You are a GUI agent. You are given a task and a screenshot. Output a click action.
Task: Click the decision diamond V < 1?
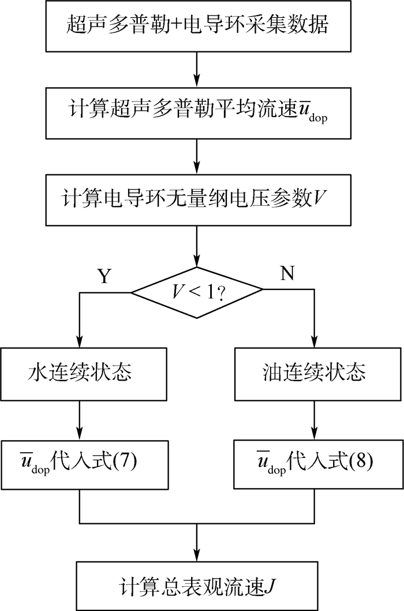pyautogui.click(x=197, y=293)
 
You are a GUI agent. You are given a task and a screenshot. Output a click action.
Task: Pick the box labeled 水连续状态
pyautogui.click(x=78, y=372)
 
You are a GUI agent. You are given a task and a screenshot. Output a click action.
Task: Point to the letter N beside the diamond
pyautogui.click(x=287, y=275)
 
